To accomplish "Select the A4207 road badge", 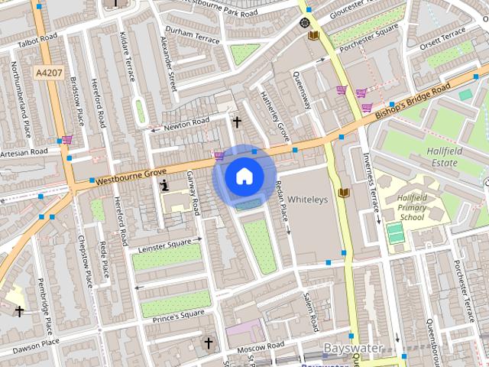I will [48, 72].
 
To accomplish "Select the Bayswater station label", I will [354, 349].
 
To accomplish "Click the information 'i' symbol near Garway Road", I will [164, 185].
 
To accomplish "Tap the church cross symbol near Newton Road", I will [237, 122].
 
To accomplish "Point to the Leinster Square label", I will [165, 245].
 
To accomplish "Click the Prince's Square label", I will [179, 315].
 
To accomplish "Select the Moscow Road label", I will [260, 349].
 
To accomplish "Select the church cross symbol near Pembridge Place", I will [19, 311].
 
